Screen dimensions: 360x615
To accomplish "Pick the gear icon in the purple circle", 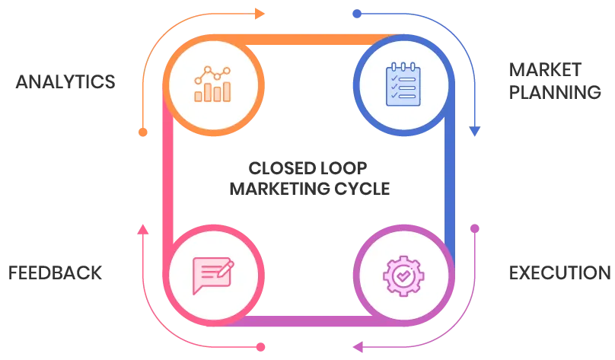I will (403, 275).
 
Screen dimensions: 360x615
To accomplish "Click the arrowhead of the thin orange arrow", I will (261, 13).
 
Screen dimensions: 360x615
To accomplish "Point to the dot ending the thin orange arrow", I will (142, 132).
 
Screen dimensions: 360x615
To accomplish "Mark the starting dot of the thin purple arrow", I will (475, 227).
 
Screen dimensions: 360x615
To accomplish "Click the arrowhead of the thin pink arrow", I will (142, 227).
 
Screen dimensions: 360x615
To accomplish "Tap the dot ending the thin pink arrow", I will (261, 347).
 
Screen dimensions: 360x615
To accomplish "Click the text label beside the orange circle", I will (65, 81).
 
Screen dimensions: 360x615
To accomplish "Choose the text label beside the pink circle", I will (55, 270).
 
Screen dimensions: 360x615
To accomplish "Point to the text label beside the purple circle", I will (559, 270).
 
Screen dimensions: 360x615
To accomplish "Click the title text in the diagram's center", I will (307, 176).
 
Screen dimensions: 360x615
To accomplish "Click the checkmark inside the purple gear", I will (403, 275).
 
